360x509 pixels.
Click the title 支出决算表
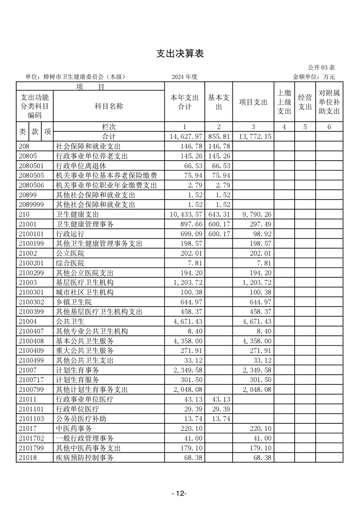tap(180, 54)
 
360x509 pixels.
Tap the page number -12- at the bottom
tap(180, 494)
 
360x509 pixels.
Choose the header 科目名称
tap(109, 106)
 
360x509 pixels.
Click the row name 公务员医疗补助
tap(81, 419)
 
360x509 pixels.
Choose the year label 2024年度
tap(184, 77)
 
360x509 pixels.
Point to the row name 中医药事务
tap(74, 429)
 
